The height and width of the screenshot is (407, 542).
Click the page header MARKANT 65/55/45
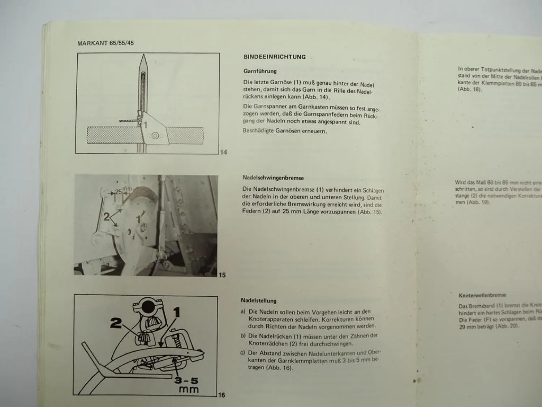click(106, 43)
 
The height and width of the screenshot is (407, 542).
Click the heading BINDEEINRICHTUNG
click(275, 57)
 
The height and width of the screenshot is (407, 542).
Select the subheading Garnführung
click(260, 71)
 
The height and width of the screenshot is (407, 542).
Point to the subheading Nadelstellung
click(258, 301)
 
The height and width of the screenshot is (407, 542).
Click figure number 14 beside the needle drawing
click(224, 152)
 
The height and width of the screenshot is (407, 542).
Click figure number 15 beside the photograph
click(222, 275)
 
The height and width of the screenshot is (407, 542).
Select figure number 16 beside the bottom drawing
click(221, 395)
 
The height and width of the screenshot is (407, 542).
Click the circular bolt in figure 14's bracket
click(155, 136)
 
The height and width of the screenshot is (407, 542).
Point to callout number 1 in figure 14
click(145, 125)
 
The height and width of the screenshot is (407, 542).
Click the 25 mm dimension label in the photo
click(122, 191)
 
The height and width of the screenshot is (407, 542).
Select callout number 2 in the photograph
click(106, 217)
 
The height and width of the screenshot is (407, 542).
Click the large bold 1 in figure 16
click(176, 312)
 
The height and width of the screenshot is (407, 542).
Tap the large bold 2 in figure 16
click(116, 323)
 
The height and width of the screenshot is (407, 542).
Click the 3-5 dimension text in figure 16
click(186, 380)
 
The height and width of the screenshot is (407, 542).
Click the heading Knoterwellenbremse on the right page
click(482, 295)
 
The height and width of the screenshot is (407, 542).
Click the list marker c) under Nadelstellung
click(243, 353)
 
